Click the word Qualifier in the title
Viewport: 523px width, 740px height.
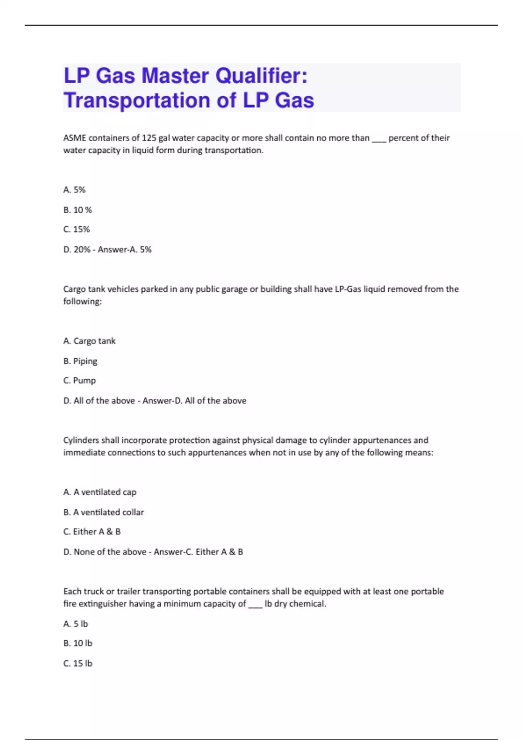click(261, 76)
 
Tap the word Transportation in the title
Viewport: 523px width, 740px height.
click(136, 100)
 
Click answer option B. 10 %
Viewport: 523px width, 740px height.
click(78, 210)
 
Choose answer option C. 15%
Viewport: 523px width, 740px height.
click(77, 229)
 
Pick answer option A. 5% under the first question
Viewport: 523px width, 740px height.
click(75, 190)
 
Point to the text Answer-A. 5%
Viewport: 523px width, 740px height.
click(125, 250)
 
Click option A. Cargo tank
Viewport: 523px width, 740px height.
click(89, 341)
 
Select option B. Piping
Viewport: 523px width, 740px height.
click(80, 361)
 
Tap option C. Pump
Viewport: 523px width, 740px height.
click(79, 380)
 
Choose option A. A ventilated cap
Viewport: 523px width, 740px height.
click(100, 492)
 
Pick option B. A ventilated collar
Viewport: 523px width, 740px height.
click(103, 512)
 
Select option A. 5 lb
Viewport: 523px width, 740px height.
click(75, 624)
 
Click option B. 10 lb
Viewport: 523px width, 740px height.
click(78, 643)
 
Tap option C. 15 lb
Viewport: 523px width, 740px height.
click(78, 663)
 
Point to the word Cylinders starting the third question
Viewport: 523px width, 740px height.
click(81, 440)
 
